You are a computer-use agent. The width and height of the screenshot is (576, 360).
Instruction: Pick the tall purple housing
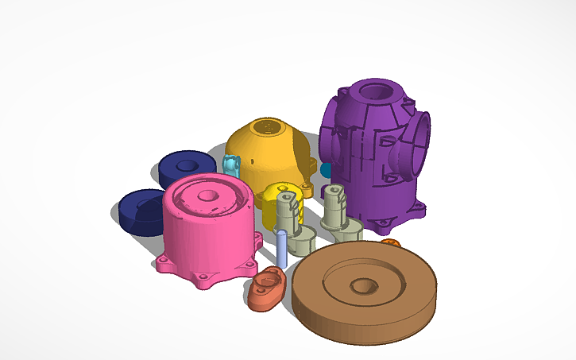(x=369, y=159)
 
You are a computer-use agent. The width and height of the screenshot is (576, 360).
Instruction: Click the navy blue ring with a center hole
(x=187, y=168)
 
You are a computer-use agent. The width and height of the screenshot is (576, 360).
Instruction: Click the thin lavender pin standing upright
(x=281, y=247)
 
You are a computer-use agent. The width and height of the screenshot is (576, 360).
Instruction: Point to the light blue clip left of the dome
(x=231, y=167)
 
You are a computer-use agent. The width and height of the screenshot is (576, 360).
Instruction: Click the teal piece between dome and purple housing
(x=326, y=170)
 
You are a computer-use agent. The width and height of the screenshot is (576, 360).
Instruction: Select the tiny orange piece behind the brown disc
(x=390, y=242)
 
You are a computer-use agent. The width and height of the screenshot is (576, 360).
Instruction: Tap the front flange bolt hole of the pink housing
(x=205, y=277)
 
